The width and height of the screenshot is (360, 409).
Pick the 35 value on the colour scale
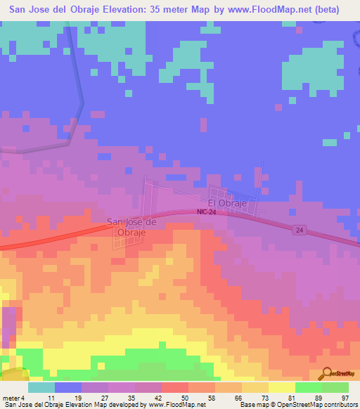tap(122, 398)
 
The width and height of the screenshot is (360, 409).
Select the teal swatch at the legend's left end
tap(41, 387)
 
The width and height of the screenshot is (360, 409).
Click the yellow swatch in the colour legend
tap(282, 387)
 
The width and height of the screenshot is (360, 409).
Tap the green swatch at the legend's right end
tap(335, 387)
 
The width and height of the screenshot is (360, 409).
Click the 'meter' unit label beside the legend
tap(11, 398)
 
